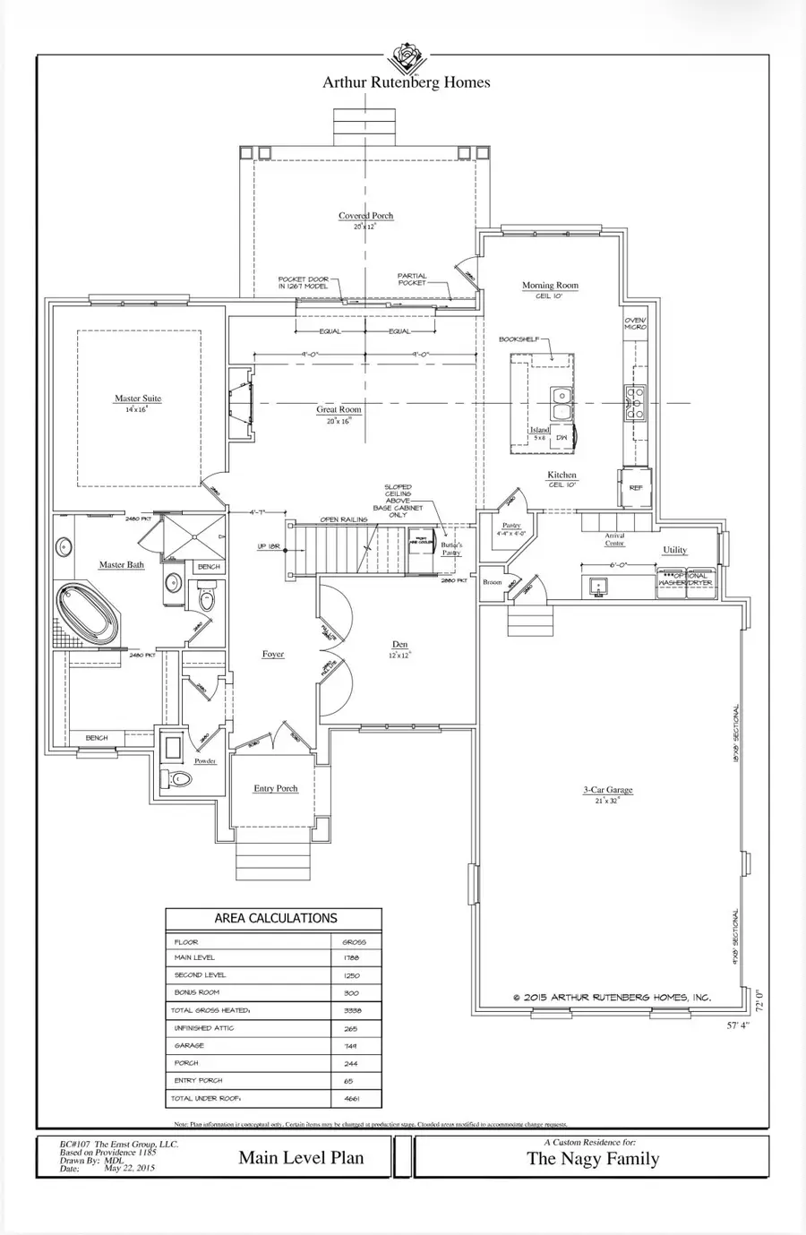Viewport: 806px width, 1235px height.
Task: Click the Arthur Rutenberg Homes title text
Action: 407,82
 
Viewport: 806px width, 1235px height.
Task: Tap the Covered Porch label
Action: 365,216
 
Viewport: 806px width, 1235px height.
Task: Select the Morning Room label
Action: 550,286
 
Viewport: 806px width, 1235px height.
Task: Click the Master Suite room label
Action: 138,399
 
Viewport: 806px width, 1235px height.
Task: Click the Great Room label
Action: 339,409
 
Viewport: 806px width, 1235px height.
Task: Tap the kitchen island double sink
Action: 562,402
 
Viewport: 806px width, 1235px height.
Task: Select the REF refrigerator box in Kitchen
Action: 635,487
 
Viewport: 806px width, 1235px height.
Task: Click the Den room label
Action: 399,645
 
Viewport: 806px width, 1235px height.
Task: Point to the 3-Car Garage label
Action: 608,790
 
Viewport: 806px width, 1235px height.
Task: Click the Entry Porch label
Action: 275,788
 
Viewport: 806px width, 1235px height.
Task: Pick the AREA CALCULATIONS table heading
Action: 275,919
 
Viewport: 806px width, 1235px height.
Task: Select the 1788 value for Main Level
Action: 350,957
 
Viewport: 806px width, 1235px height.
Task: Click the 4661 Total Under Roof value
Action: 350,1098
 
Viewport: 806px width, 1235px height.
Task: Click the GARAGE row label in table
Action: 189,1045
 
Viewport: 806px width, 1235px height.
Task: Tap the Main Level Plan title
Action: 301,1158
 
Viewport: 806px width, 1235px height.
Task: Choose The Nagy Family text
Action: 592,1159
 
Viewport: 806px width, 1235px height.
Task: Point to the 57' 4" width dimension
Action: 737,1025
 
